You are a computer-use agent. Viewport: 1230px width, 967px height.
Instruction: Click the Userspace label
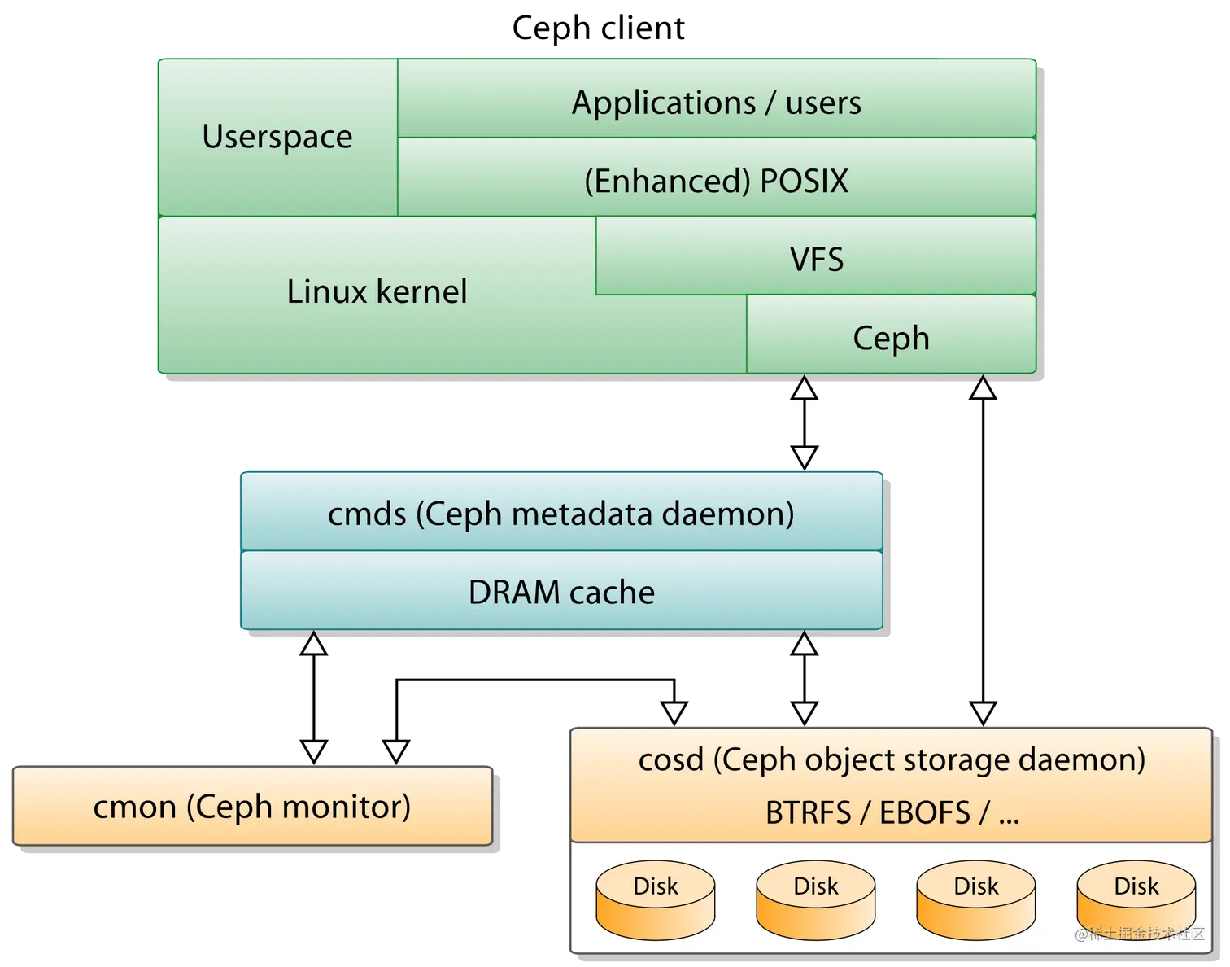[x=277, y=137]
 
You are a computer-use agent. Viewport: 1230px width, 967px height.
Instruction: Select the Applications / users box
[x=716, y=103]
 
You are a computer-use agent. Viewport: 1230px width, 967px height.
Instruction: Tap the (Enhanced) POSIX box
[x=716, y=181]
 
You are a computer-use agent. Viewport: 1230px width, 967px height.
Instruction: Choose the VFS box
[x=816, y=260]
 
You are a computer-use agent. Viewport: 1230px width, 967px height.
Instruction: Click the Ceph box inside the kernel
[x=891, y=338]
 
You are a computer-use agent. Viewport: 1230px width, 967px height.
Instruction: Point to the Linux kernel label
[x=377, y=291]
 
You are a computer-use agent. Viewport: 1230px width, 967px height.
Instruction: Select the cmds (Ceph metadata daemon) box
[x=560, y=514]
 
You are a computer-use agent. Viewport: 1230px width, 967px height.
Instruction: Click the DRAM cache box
[x=561, y=592]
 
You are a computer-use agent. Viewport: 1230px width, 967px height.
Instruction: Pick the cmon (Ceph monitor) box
[x=252, y=807]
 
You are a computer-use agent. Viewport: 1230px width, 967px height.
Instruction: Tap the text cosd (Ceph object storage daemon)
[x=892, y=759]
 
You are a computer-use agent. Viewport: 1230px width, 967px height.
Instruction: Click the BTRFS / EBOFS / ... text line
[x=892, y=812]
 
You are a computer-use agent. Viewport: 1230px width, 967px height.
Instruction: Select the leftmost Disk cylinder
[x=655, y=900]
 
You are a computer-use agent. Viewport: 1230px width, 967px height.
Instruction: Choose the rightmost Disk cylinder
[x=1136, y=900]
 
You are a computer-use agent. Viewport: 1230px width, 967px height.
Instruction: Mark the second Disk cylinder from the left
[x=815, y=900]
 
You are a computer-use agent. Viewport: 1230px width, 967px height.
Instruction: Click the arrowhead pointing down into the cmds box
[x=804, y=457]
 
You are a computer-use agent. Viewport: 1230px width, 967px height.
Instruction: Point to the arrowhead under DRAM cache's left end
[x=314, y=644]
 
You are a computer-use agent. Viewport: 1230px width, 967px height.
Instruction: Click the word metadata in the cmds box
[x=582, y=514]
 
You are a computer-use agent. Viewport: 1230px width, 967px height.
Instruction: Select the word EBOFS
[x=925, y=812]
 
